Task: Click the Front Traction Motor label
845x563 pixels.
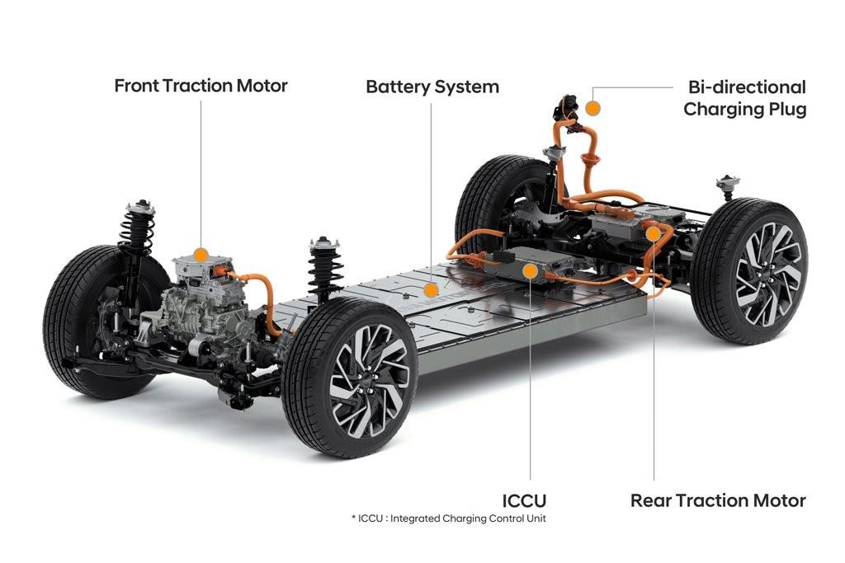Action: tap(201, 86)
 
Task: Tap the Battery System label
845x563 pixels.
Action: tap(432, 87)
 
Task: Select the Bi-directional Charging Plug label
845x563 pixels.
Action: tap(744, 97)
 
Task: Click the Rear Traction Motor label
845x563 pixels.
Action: tap(718, 500)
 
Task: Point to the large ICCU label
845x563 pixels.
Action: tap(525, 500)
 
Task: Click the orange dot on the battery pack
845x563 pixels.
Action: tap(430, 289)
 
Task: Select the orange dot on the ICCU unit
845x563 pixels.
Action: tap(528, 270)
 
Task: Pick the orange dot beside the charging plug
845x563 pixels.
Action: tap(592, 107)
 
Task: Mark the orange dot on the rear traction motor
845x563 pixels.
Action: tap(654, 234)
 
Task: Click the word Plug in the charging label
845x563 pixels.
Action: tap(786, 109)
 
